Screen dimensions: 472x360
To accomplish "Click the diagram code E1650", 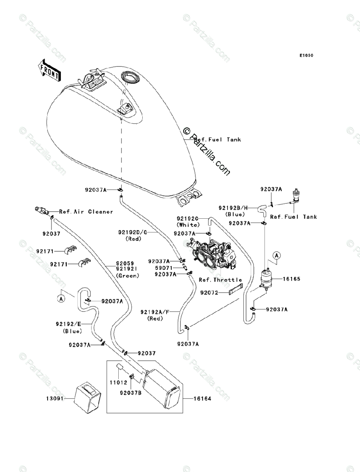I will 307,55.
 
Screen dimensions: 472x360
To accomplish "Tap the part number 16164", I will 202,398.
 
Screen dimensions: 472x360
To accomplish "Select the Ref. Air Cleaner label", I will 86,212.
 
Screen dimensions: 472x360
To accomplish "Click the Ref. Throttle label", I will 220,280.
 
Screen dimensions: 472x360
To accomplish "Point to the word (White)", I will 188,225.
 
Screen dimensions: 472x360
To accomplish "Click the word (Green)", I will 127,276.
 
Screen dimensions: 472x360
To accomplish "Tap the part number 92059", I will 125,264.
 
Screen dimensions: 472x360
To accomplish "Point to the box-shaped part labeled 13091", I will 87,398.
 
